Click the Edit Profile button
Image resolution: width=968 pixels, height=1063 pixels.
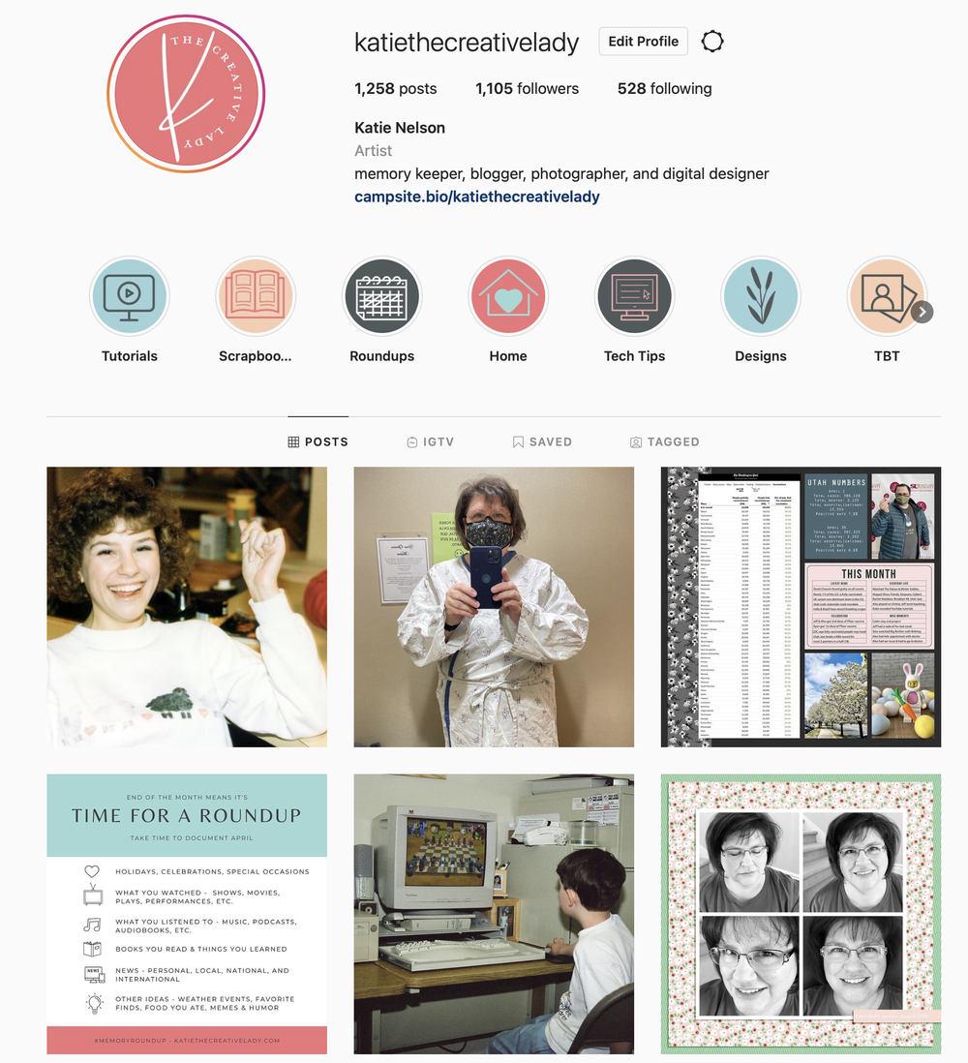pos(643,42)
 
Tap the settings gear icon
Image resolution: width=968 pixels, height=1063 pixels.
pos(712,42)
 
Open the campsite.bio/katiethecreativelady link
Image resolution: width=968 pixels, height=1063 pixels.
pos(477,197)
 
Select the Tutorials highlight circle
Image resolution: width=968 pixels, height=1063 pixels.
pos(130,296)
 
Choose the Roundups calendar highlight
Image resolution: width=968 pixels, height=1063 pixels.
pos(381,296)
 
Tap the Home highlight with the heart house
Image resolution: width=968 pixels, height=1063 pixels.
pos(508,296)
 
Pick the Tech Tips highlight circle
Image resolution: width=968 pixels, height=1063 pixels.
pos(634,296)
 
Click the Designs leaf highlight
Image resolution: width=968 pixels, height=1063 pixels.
pos(760,296)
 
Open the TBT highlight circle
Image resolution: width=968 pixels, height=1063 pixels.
pos(886,296)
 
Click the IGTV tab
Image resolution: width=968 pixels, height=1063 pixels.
pos(430,441)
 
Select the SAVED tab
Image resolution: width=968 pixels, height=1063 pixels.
pos(542,441)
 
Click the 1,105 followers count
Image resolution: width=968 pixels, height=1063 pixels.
pos(527,88)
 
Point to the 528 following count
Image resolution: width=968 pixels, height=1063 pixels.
pos(664,88)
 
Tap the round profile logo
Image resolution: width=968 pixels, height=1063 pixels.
pos(186,94)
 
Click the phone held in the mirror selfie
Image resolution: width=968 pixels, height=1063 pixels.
pos(485,577)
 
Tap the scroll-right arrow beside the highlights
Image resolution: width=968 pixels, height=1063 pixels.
pos(922,312)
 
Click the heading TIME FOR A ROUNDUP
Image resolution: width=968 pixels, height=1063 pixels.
pos(186,815)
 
